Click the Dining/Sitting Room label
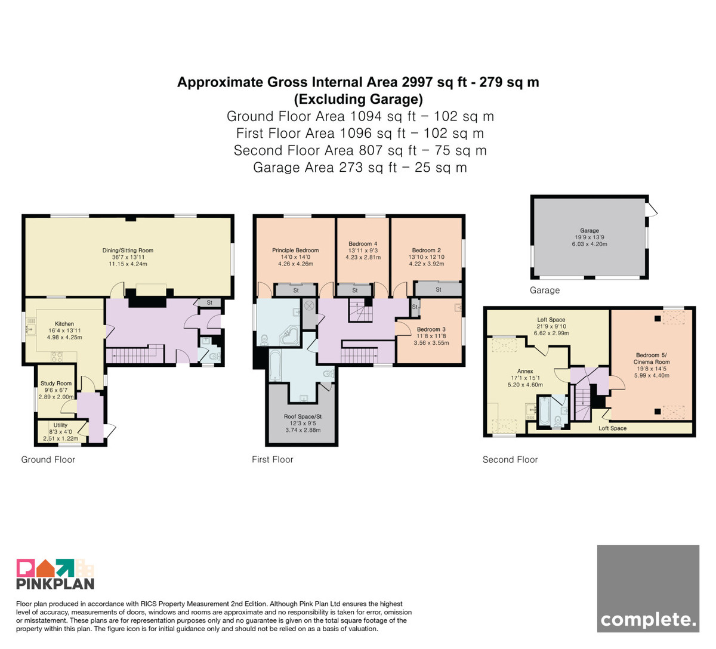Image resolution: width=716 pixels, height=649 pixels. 128,251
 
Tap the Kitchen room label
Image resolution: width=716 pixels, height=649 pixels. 64,324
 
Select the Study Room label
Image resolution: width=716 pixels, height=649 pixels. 56,384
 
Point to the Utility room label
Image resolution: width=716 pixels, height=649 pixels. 60,425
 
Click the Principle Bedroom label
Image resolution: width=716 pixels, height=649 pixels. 295,251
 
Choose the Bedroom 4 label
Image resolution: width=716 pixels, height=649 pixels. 363,244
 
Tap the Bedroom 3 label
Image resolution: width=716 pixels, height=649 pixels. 431,329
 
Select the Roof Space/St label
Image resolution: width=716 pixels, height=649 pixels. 303,416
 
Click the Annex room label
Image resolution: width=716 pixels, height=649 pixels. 525,371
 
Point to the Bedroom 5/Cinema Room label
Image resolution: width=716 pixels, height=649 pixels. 652,359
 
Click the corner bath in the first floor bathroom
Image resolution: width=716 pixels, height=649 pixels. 289,336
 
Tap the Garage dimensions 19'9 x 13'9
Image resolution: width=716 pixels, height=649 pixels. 590,237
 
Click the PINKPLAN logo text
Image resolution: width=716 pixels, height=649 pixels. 55,584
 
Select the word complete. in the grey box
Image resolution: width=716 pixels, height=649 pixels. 648,620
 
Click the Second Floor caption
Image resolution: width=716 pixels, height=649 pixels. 510,460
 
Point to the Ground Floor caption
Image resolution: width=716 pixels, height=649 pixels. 48,460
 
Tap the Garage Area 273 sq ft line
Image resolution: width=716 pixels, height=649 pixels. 360,168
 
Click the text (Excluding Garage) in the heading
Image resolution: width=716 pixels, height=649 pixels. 358,99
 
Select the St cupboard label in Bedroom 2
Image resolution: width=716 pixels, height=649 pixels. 439,289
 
